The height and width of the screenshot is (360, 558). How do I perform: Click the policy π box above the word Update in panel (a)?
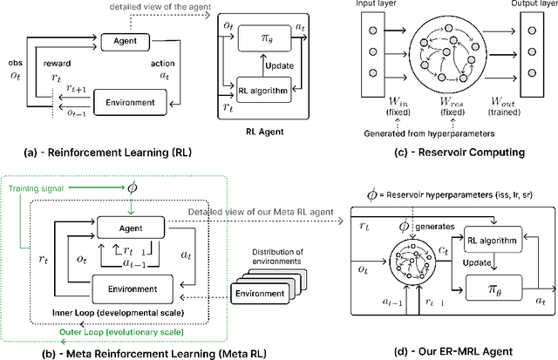point(265,42)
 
